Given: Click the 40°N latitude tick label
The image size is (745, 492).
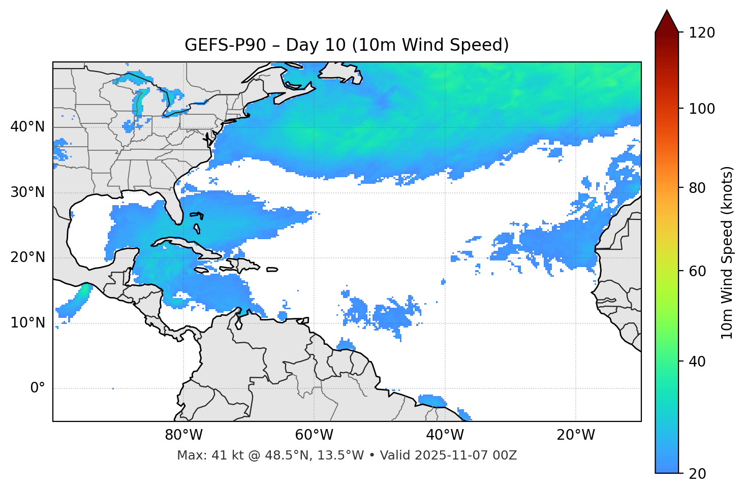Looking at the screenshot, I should point(27,127).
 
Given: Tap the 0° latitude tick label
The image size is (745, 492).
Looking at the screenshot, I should point(37,388).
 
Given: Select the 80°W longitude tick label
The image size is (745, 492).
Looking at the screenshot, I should point(183,435).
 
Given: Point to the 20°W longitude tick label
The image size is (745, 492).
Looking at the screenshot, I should point(575,435).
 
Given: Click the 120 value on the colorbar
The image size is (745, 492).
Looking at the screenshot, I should point(702,33).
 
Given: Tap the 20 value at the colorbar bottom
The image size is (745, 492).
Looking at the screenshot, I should point(697,474).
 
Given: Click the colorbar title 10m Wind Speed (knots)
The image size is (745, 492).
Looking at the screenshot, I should point(727,252).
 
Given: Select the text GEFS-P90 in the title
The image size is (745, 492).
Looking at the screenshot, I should point(225,45).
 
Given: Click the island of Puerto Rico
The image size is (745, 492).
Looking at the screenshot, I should point(272,270).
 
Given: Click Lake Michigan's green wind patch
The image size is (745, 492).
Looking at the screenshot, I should point(138,101).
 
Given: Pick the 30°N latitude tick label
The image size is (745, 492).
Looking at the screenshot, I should point(27,192).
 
